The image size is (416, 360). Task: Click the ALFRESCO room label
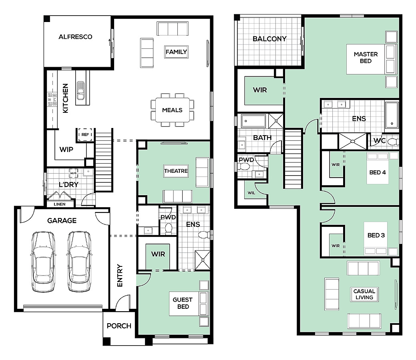click(x=75, y=37)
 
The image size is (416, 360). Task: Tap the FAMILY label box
click(x=176, y=52)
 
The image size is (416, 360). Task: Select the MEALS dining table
click(x=173, y=110)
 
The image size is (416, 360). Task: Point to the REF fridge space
click(x=85, y=135)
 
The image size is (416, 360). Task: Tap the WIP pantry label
click(x=66, y=150)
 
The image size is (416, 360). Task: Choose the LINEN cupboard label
click(x=59, y=204)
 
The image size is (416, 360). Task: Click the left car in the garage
click(x=44, y=262)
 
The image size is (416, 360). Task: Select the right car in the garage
click(x=79, y=262)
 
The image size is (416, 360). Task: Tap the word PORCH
click(x=119, y=326)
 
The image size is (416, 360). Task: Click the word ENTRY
click(x=120, y=276)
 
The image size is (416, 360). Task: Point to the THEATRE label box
click(x=176, y=171)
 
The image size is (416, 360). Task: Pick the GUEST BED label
click(x=183, y=303)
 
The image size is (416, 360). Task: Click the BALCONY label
click(x=269, y=39)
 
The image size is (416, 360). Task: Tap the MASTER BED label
click(x=366, y=58)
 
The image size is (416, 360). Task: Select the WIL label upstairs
click(x=251, y=193)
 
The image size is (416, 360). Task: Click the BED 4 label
click(x=378, y=172)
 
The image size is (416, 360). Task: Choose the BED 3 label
click(x=376, y=236)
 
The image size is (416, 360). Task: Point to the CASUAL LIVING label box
click(x=364, y=294)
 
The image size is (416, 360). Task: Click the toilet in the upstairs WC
click(x=393, y=142)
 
